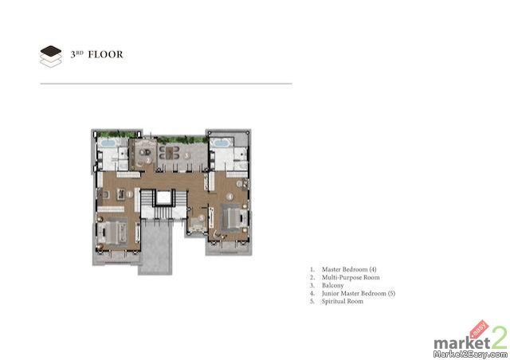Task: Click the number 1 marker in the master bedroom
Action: pyautogui.click(x=129, y=194)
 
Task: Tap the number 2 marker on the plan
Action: pyautogui.click(x=148, y=160)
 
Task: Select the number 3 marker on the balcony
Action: pyautogui.click(x=186, y=155)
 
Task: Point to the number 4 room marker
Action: pyautogui.click(x=230, y=197)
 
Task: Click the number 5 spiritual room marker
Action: pyautogui.click(x=202, y=218)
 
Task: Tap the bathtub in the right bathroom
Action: pyautogui.click(x=222, y=143)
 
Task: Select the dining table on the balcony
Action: pyautogui.click(x=170, y=153)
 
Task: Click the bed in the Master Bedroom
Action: pyautogui.click(x=112, y=233)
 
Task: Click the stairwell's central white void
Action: pyautogui.click(x=163, y=197)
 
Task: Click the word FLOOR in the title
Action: pyautogui.click(x=106, y=54)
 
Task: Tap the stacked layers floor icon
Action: pyautogui.click(x=51, y=57)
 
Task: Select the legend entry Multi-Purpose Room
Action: pyautogui.click(x=351, y=277)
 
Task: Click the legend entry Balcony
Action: pyautogui.click(x=332, y=285)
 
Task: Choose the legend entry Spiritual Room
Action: pyautogui.click(x=343, y=302)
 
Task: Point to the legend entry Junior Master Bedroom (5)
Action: pyautogui.click(x=359, y=293)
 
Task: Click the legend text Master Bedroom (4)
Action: pyautogui.click(x=349, y=269)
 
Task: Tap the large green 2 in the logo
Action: pyautogui.click(x=500, y=338)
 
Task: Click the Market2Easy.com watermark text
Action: pyautogui.click(x=471, y=354)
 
